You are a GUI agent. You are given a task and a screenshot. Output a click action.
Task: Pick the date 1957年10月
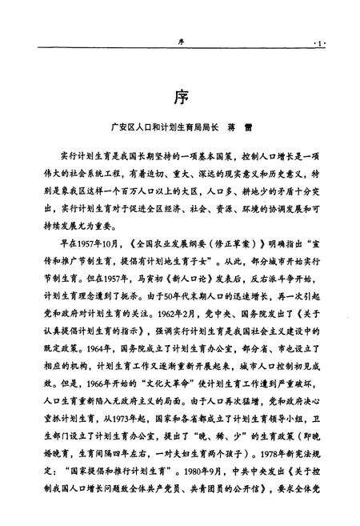click(x=92, y=241)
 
